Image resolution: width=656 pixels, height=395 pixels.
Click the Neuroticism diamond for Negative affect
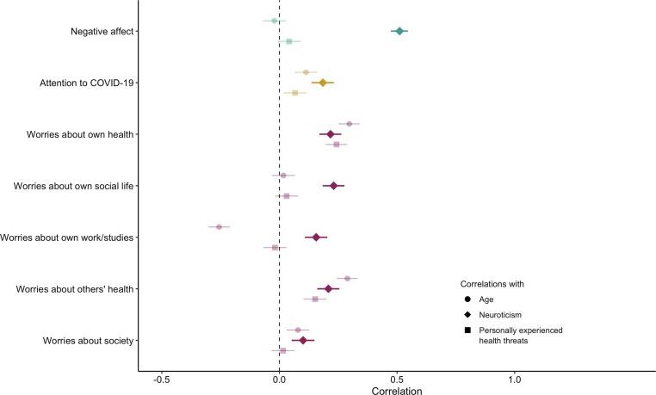[399, 31]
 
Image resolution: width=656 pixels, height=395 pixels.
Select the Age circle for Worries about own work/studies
[219, 227]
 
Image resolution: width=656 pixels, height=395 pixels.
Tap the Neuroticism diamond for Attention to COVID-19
[323, 83]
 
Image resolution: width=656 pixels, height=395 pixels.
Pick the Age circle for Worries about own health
[349, 124]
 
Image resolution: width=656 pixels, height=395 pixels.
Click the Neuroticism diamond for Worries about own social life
[333, 186]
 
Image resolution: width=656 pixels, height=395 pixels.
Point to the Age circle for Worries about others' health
[347, 279]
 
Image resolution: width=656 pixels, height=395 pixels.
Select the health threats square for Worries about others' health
[315, 299]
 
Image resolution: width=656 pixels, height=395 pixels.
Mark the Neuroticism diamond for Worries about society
[302, 340]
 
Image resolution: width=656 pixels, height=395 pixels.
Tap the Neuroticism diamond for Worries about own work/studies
[316, 237]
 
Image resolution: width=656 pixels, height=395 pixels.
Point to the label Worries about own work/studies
[66, 237]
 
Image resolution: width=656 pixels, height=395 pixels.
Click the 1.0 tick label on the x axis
[515, 380]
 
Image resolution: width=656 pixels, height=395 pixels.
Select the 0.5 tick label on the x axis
[397, 380]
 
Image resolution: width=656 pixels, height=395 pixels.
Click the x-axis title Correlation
[396, 390]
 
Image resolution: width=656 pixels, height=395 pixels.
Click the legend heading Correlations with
[492, 284]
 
